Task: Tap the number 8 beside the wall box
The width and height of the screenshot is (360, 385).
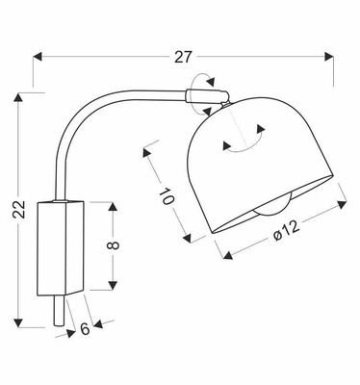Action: point(114,245)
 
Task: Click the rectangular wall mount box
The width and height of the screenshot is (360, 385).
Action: point(61,246)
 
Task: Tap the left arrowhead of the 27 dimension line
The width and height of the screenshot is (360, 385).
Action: point(39,57)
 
